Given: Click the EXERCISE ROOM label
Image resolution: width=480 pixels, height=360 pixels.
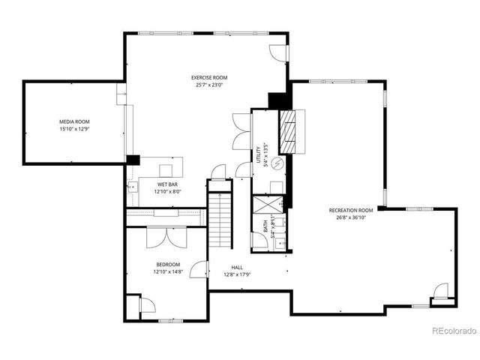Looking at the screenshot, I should point(208,77).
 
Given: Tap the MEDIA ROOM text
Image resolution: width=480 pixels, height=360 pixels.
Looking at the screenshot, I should point(74,121).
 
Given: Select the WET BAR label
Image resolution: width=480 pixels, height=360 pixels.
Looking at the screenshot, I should point(167,184).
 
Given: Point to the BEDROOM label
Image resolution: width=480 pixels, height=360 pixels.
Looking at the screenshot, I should point(168,264).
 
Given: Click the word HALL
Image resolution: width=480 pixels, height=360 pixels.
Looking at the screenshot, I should point(237,267).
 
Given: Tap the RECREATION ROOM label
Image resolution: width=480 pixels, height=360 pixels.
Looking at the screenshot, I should point(350,210).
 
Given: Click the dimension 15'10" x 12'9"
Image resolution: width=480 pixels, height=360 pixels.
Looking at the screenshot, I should point(74,129).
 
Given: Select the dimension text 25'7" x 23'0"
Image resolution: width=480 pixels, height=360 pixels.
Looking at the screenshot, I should point(208,85).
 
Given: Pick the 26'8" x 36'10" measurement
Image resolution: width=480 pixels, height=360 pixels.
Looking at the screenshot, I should point(350,217).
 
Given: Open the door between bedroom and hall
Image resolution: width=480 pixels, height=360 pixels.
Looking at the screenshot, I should point(200,269).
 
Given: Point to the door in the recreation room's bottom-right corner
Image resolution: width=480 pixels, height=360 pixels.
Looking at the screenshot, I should point(441,291).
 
